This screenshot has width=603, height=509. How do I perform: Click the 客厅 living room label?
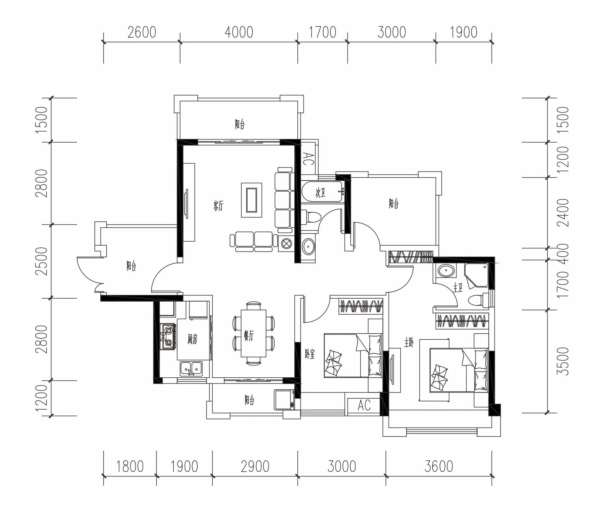click(x=218, y=206)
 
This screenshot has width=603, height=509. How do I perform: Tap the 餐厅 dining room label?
click(x=248, y=335)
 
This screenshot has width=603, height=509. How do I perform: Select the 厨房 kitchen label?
click(x=193, y=339)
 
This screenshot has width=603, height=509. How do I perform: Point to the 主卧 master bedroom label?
click(x=409, y=343)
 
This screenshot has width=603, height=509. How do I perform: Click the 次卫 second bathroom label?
click(x=321, y=193)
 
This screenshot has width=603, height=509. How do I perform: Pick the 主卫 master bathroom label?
click(x=458, y=288)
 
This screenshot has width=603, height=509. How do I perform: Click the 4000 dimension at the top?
click(x=239, y=33)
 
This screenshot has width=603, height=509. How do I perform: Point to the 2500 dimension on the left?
click(x=42, y=261)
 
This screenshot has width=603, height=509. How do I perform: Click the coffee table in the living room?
click(x=252, y=200)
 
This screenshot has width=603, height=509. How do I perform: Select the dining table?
click(x=253, y=333)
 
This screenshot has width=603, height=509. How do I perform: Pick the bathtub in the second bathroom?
click(x=323, y=192)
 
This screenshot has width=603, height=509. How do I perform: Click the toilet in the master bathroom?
click(x=478, y=300)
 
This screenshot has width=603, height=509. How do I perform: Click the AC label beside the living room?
click(x=309, y=159)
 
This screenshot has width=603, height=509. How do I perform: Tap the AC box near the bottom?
click(x=364, y=405)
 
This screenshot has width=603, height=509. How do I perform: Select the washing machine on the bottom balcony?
click(x=284, y=400)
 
